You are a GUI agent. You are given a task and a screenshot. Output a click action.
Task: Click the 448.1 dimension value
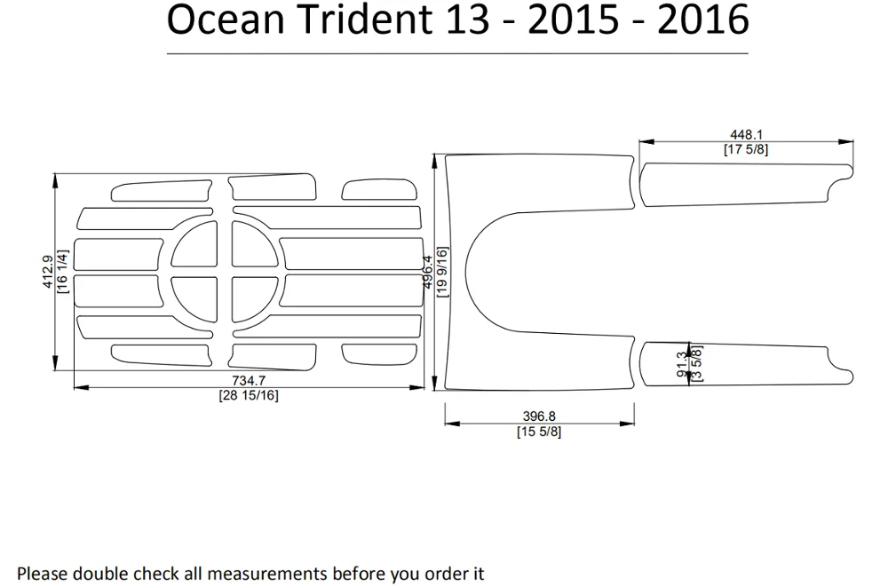click(746, 136)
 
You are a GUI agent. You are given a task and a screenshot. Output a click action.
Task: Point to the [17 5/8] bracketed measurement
click(746, 149)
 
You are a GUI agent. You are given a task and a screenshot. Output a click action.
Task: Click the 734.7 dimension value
click(249, 382)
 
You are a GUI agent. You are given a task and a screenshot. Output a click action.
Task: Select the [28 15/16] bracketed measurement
click(249, 395)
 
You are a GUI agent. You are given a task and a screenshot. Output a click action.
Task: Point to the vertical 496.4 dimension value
click(427, 272)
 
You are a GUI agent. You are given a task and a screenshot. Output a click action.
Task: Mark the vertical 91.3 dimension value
click(682, 362)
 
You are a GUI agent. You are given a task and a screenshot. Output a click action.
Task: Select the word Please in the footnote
click(42, 574)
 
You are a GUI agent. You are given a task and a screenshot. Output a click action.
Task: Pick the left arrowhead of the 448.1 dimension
click(643, 141)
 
